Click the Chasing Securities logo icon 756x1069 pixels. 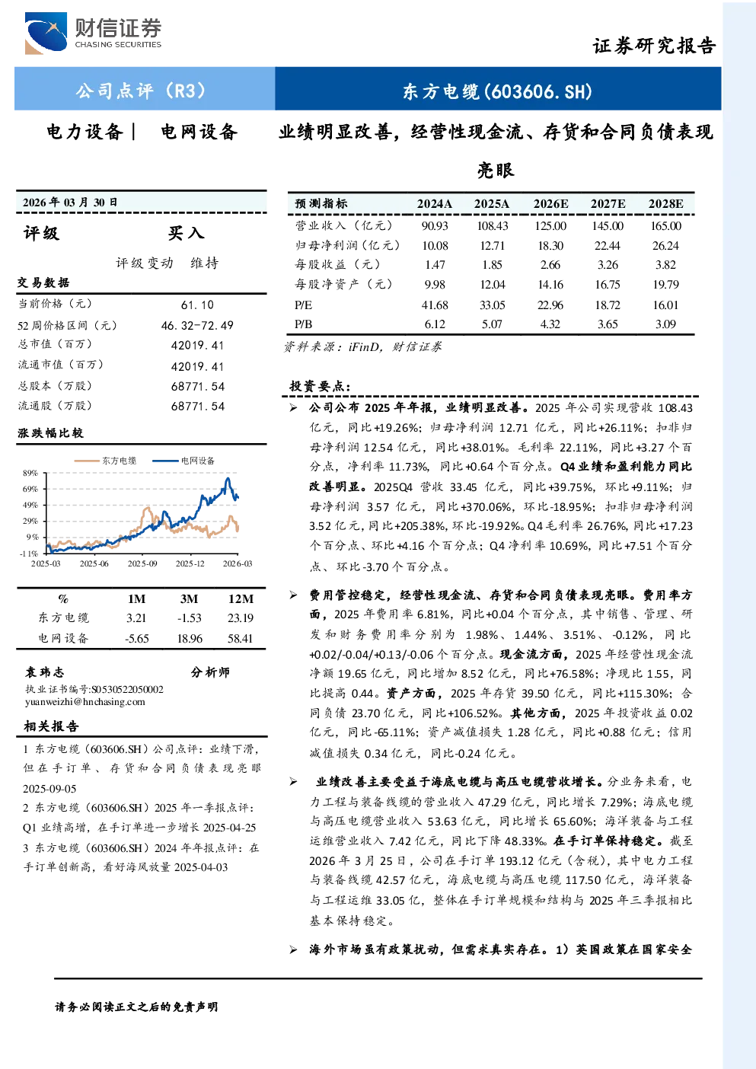46,33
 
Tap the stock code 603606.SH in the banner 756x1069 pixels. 541,91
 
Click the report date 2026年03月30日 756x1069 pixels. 70,203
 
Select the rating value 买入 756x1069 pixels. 186,233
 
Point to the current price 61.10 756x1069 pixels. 198,305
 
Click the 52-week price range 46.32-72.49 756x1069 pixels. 197,325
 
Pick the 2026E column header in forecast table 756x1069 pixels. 550,204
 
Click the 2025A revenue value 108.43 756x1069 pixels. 493,225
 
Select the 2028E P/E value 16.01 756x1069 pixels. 666,305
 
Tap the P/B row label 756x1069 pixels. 304,324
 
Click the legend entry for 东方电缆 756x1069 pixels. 105,461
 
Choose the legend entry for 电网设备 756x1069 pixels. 183,461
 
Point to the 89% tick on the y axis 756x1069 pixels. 30,473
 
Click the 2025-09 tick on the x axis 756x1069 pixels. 142,563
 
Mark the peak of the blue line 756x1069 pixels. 228,478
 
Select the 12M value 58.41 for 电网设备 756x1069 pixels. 241,639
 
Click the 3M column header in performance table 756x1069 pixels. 189,599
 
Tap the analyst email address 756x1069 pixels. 85,702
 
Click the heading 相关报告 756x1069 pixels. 51,726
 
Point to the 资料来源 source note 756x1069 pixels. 362,347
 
